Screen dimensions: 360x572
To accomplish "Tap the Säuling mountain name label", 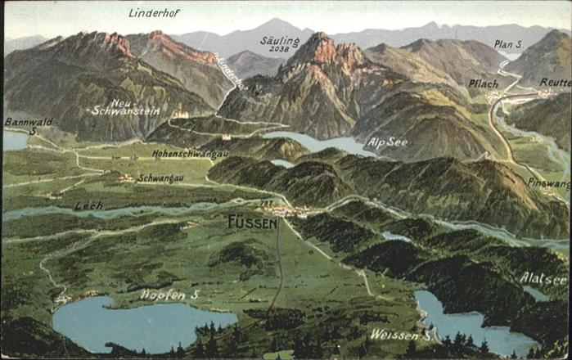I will coord(280,39).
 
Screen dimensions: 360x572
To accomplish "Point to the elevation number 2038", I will coord(279,49).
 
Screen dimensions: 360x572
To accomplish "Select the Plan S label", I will coord(507,44).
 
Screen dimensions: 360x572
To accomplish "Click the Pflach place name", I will coord(483,83).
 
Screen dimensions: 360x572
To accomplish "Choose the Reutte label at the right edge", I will coord(555,83).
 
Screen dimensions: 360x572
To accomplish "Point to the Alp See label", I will coord(386,142).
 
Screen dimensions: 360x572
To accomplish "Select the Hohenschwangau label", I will coord(190,153).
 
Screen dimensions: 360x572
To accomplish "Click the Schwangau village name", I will coord(160,178).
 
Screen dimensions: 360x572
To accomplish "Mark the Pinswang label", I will coord(548,183).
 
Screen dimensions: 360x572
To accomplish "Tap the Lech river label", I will coord(88,206).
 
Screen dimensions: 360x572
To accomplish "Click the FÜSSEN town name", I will coord(252,221).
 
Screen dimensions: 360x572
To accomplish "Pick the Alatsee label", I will coord(543,278).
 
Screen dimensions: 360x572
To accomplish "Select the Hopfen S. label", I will coord(170,294).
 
